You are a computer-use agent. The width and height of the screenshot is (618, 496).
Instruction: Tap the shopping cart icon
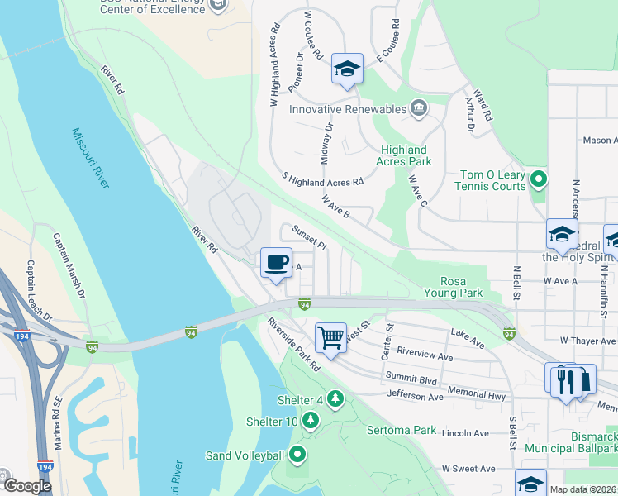coord(330,336)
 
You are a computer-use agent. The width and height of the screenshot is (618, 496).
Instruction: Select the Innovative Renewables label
coord(348,109)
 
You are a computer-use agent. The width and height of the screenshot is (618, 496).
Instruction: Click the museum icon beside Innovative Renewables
coord(419,108)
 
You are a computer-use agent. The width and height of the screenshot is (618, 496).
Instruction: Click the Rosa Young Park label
coord(453,287)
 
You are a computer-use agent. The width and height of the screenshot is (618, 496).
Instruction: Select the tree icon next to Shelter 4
coord(335,400)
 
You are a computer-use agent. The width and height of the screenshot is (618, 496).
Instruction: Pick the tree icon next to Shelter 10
coord(311,421)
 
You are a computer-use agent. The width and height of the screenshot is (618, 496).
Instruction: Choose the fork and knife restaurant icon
coord(566,381)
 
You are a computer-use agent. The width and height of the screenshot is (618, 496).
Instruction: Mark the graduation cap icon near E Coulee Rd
coord(348,69)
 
